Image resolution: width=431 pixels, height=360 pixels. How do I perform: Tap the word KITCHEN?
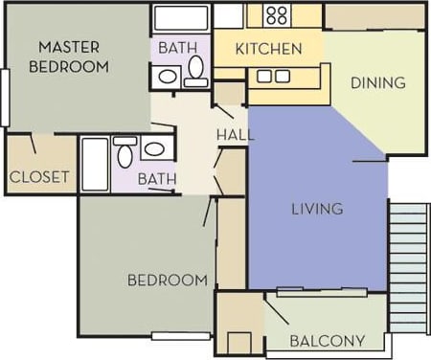pyautogui.click(x=269, y=48)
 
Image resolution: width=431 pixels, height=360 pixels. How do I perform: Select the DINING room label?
pyautogui.click(x=377, y=82)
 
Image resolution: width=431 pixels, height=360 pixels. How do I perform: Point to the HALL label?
pyautogui.click(x=235, y=135)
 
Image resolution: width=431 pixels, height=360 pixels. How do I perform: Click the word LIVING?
pyautogui.click(x=317, y=209)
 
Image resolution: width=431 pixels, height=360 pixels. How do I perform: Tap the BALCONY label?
pyautogui.click(x=327, y=340)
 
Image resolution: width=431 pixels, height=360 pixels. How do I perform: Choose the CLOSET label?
pyautogui.click(x=39, y=177)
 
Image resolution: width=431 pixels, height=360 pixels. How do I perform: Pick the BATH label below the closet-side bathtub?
pyautogui.click(x=155, y=178)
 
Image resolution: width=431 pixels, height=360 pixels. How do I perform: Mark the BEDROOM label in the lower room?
pyautogui.click(x=168, y=280)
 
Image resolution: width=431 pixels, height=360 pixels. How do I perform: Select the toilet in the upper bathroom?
pyautogui.click(x=195, y=71)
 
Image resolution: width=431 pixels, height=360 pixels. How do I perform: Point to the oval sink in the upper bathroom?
pyautogui.click(x=167, y=77)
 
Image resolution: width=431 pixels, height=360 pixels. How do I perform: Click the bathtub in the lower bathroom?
pyautogui.click(x=95, y=165)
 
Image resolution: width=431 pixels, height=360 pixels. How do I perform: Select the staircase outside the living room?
pyautogui.click(x=409, y=265)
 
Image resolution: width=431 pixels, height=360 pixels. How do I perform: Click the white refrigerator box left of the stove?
pyautogui.click(x=229, y=15)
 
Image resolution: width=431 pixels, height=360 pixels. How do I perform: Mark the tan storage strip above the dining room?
pyautogui.click(x=374, y=16)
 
